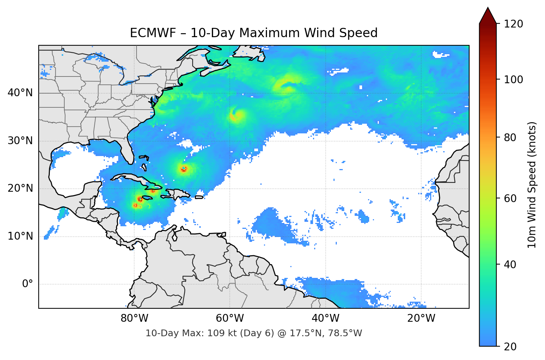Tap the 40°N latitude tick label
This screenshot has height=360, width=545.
[x=20, y=93]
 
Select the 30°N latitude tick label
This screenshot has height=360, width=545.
[x=20, y=141]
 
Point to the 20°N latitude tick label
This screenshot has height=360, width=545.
[x=20, y=188]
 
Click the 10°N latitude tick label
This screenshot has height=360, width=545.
[x=20, y=236]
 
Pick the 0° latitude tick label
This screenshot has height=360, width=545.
[x=28, y=284]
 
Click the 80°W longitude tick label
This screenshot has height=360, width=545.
[x=134, y=318]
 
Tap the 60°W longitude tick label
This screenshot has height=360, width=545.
[x=230, y=318]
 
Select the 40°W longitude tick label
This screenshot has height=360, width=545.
[x=325, y=318]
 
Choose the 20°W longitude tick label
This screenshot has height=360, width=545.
[x=421, y=318]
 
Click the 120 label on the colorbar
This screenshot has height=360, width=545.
[x=513, y=24]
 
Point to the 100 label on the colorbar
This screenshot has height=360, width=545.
[x=513, y=80]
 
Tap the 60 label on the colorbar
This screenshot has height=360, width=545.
[x=509, y=198]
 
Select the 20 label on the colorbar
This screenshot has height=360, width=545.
[x=509, y=347]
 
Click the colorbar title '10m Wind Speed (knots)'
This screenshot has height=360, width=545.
[x=532, y=185]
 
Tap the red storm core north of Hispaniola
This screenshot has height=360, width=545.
[x=184, y=169]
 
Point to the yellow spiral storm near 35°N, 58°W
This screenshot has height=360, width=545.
[x=236, y=115]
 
